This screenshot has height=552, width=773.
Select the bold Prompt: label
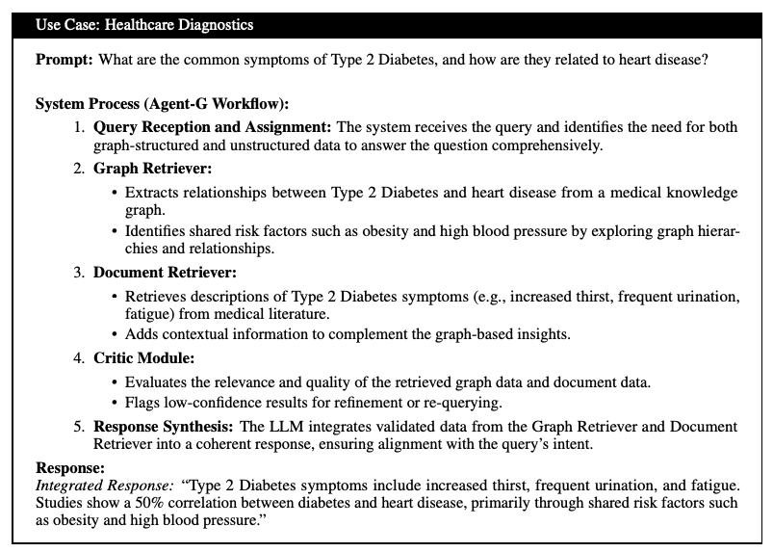(x=63, y=60)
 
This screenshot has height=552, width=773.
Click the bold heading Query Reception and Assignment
(x=212, y=127)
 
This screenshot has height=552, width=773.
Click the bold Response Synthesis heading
(x=161, y=426)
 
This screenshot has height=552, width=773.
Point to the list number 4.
(x=79, y=357)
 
